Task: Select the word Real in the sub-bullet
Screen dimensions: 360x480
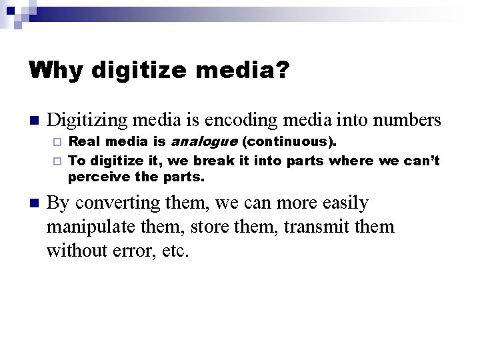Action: pyautogui.click(x=83, y=142)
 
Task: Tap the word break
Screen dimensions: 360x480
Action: pyautogui.click(x=215, y=161)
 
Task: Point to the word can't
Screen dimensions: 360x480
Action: pyautogui.click(x=421, y=161)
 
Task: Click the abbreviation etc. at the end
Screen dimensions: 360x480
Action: pyautogui.click(x=174, y=251)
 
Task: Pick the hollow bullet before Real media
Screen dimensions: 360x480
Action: pyautogui.click(x=58, y=143)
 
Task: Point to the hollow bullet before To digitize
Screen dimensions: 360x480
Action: pyautogui.click(x=58, y=161)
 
